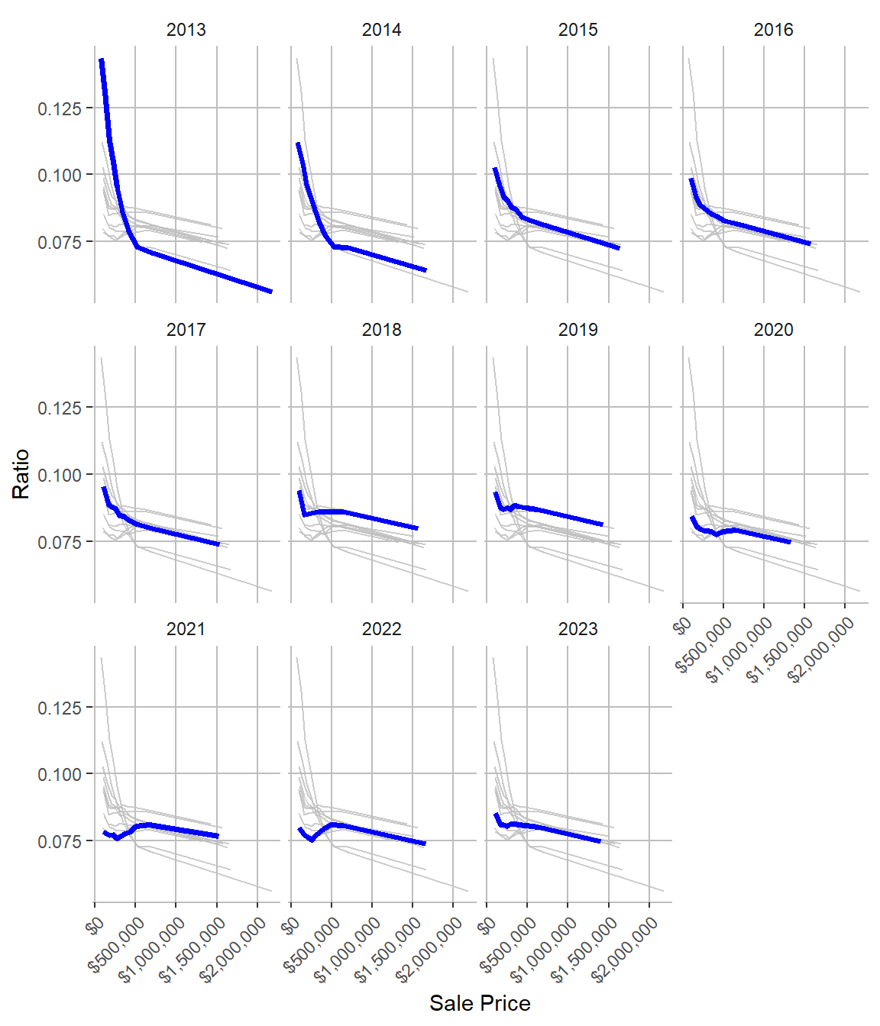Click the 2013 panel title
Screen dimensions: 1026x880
[186, 30]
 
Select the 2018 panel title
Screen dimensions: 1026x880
[381, 330]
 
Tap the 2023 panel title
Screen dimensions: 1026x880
[577, 629]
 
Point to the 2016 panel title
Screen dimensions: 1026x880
[773, 30]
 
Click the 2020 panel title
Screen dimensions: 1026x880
[773, 330]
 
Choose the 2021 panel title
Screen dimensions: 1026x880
[186, 629]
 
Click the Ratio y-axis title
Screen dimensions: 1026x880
[21, 474]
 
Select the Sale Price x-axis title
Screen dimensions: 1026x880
[480, 1003]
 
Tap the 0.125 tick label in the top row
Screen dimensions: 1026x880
[60, 108]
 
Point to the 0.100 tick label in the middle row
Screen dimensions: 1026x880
[60, 475]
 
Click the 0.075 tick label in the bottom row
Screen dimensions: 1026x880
[60, 841]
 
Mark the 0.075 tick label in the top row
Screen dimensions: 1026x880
[60, 242]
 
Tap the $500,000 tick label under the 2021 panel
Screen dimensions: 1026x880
[117, 945]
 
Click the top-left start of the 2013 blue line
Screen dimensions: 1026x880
[101, 60]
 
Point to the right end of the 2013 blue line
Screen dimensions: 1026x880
[271, 291]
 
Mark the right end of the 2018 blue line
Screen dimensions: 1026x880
[417, 528]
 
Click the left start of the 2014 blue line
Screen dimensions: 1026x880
[298, 144]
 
